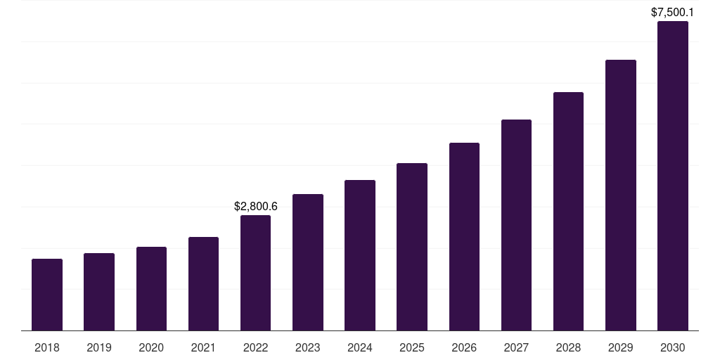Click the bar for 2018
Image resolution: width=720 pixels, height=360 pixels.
[x=47, y=295]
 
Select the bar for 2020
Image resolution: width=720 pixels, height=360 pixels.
[x=151, y=289]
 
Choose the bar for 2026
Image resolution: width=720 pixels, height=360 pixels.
[x=464, y=237]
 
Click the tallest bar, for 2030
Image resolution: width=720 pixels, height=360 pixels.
[x=672, y=176]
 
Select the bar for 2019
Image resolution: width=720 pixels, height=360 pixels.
[x=99, y=292]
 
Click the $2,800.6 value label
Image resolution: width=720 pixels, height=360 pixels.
[x=255, y=206]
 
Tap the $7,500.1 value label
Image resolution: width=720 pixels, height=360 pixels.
[x=672, y=12]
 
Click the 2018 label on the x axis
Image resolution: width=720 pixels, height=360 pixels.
[x=47, y=347]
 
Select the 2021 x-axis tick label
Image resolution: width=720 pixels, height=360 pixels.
[x=203, y=347]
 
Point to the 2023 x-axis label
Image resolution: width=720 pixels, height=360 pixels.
[x=307, y=347]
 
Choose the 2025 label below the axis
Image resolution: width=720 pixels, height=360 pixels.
[x=412, y=347]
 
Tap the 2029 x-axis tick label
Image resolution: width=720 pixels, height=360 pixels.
[x=620, y=347]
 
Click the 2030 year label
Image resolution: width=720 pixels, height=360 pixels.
[x=672, y=347]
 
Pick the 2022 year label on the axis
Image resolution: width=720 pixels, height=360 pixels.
[x=255, y=347]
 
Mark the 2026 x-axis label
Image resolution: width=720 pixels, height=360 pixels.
[x=464, y=347]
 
